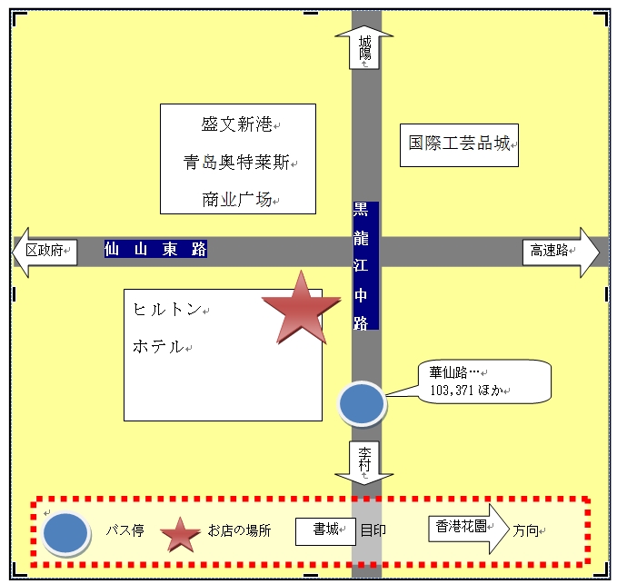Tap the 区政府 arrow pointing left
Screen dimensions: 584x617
click(45, 251)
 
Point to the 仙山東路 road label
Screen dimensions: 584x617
click(155, 249)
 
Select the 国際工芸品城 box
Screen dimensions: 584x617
click(459, 144)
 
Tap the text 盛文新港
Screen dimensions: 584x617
click(237, 124)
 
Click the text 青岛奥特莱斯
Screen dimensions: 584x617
click(236, 163)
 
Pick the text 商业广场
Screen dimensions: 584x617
click(237, 200)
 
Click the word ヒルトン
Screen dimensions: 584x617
click(167, 310)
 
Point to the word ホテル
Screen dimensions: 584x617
click(159, 346)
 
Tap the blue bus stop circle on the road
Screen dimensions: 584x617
click(362, 403)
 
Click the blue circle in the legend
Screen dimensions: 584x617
click(65, 532)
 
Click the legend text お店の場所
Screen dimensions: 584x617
click(239, 530)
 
